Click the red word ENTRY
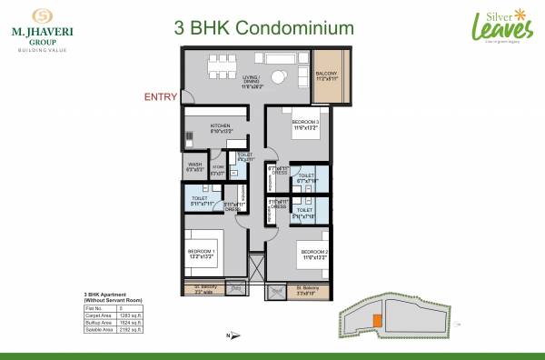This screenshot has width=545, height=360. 161,95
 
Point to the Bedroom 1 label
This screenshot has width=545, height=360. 200,253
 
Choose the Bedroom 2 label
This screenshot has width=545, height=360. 314,253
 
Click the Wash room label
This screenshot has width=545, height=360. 193,167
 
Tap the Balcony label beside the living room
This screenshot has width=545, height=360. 327,76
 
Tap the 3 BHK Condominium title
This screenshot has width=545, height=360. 263,28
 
